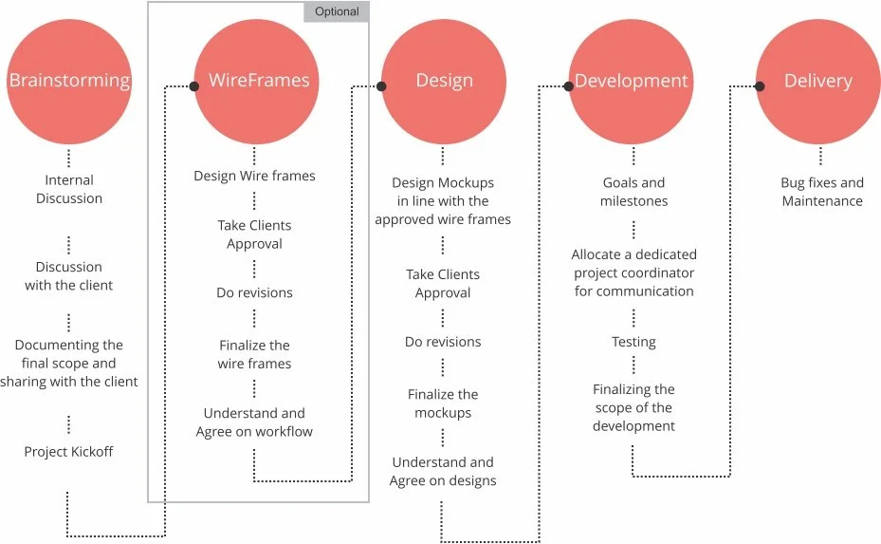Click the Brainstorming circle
68,81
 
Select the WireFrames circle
256,81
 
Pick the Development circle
631,81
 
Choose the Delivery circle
817,81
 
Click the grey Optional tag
337,12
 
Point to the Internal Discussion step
69,189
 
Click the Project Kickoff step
68,452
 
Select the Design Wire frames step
254,176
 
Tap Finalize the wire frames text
254,354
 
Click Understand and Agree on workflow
254,422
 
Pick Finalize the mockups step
443,403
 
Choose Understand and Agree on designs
443,472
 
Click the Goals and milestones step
633,192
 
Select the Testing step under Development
633,342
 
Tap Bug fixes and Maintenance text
822,192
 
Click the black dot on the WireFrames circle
193,86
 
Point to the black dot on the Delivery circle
760,86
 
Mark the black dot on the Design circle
381,86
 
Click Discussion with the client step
69,276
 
